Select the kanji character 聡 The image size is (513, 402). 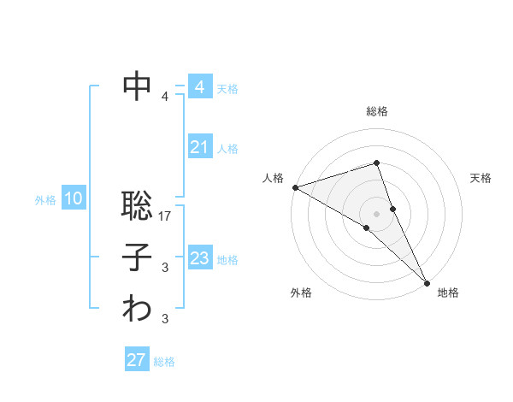pos(137,206)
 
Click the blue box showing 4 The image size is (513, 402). pos(199,87)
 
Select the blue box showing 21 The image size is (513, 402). pos(199,147)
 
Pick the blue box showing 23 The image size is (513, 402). pos(199,258)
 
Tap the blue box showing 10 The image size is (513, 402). pos(74,199)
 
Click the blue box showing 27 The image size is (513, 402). pos(136,360)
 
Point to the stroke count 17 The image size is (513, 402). pos(166,216)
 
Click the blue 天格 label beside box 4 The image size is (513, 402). pos(227,89)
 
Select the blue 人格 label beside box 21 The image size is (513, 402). pos(227,149)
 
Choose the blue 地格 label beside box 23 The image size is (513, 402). pos(227,260)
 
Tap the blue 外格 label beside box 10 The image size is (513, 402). pos(45,200)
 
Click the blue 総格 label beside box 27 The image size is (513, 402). pos(164,362)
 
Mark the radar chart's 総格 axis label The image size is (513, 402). pos(377,111)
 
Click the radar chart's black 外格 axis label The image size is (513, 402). pos(301,293)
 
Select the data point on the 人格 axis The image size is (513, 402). pos(295,186)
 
